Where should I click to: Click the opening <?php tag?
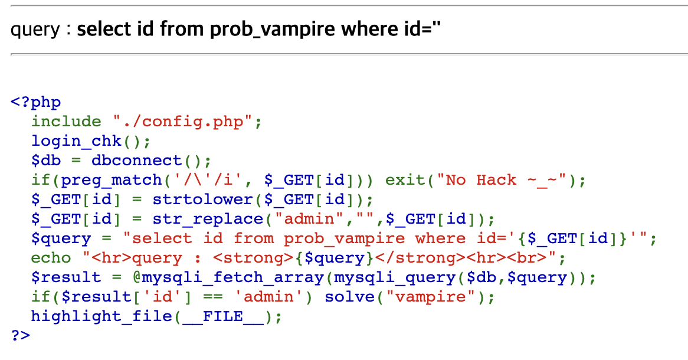point(35,102)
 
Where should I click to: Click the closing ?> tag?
point(21,335)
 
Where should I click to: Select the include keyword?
point(66,122)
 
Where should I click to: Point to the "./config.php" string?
point(183,122)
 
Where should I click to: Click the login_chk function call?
point(77,141)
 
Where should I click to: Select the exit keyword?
point(405,180)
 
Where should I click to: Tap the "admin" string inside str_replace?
point(313,219)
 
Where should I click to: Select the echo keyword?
point(51,258)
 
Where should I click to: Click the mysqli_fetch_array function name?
point(213,277)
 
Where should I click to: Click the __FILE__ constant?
point(223,316)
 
